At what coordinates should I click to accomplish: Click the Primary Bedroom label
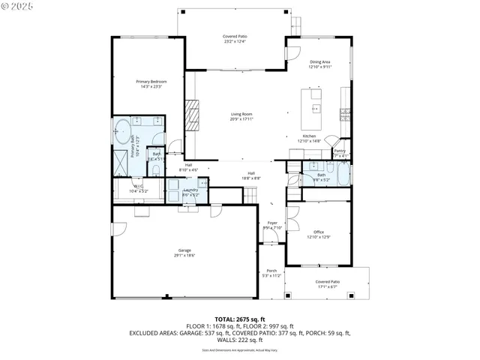point(151,84)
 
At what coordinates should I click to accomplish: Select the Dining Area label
point(320,64)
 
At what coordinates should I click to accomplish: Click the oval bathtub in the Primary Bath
point(120,131)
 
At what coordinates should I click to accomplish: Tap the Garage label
point(184,253)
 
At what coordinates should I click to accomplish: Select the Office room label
point(319,235)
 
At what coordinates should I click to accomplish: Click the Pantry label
point(340,153)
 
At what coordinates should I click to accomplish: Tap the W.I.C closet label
point(139,188)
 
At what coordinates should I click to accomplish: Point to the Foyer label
point(273,225)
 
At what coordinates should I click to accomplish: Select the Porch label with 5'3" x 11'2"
point(271,274)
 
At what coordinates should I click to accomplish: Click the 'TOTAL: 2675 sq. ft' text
point(240,319)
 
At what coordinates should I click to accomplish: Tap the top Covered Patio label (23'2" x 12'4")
point(235,39)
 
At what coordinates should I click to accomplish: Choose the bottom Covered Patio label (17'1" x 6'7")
point(327,283)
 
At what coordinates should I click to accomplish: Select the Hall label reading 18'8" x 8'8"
point(251,175)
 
